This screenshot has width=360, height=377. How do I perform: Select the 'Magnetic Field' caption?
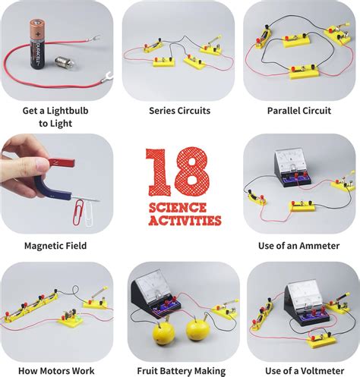pos(55,246)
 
